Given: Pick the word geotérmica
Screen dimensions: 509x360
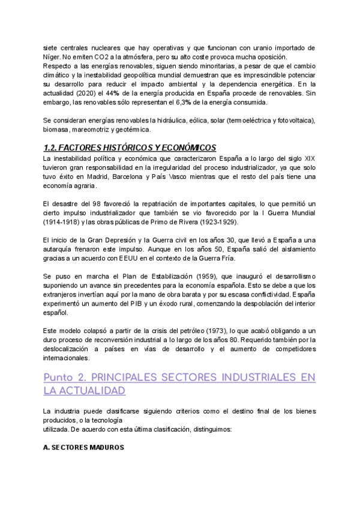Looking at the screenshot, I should point(136,129).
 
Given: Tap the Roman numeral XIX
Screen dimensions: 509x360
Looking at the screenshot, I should point(308,158).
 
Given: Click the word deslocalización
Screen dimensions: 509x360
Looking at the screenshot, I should point(71,349).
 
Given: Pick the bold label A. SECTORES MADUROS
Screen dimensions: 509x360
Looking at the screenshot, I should point(84,448).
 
